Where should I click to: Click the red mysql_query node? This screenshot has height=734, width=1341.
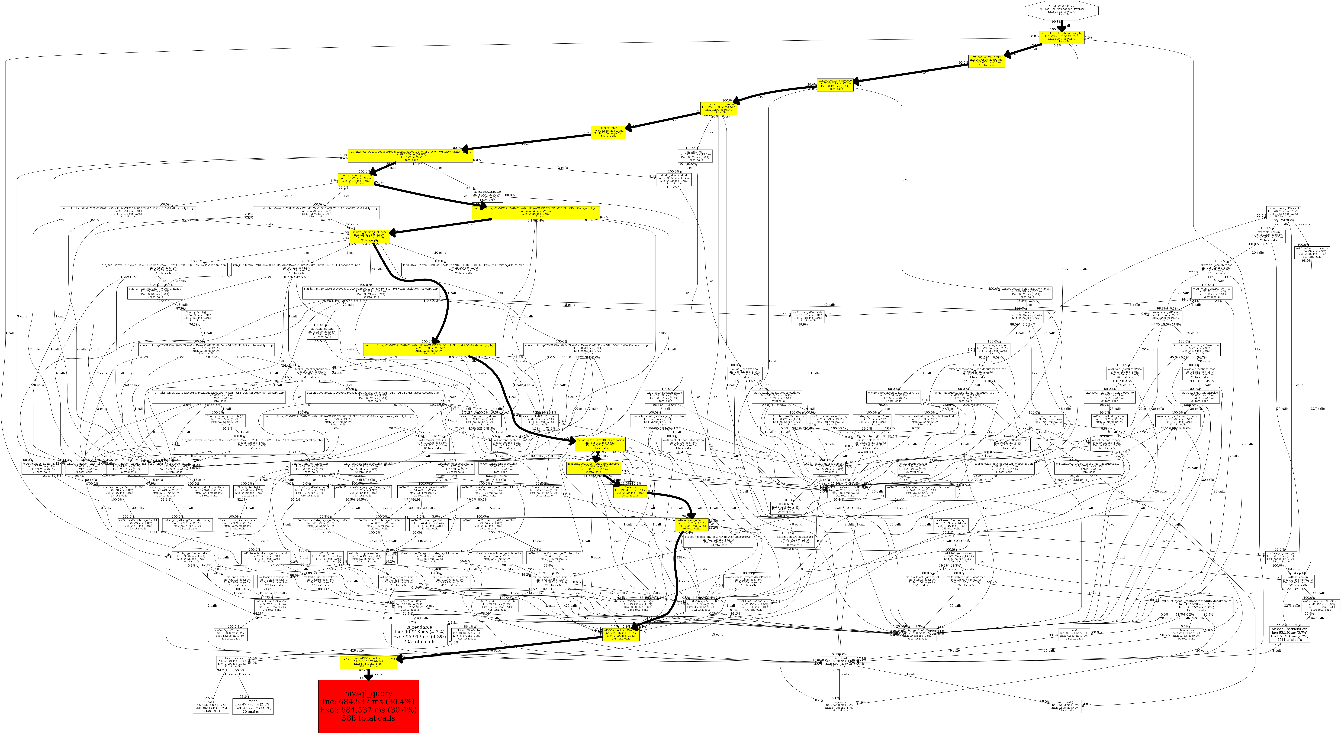coord(368,706)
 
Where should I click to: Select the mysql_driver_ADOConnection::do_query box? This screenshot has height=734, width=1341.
coord(369,662)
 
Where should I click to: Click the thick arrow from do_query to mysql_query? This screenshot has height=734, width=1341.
coord(368,675)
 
